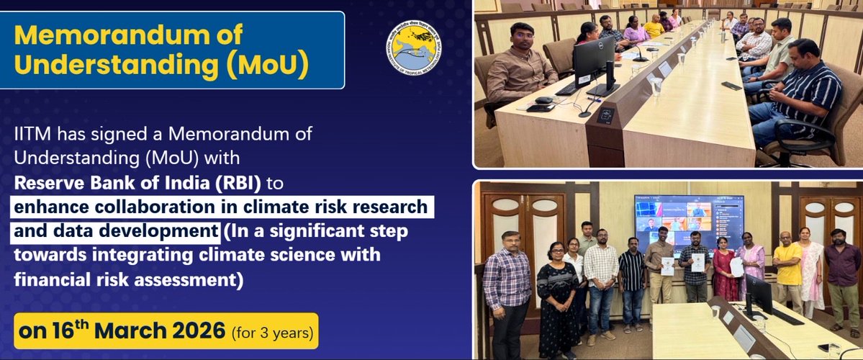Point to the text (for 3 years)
272,334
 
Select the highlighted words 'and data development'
116,232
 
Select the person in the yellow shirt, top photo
654,27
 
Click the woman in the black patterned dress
557,295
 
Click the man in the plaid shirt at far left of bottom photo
508,288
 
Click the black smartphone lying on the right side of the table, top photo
731,85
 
